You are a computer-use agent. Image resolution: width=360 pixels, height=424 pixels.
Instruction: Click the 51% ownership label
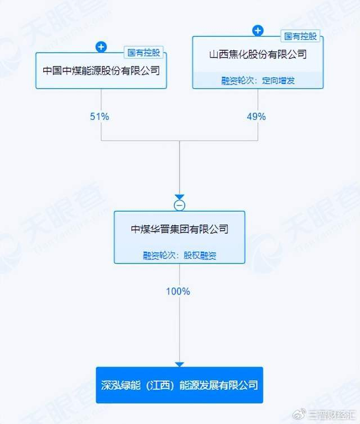[99, 117]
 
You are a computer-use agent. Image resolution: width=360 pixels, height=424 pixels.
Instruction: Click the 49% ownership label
[256, 117]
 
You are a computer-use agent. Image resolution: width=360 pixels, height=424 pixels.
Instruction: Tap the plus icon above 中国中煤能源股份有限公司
[101, 47]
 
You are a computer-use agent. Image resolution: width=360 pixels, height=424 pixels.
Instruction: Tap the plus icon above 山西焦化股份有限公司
[258, 30]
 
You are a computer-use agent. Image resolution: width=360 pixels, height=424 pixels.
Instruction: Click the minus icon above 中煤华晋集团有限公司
[179, 205]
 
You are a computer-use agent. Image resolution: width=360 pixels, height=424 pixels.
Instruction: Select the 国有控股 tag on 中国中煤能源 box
[145, 53]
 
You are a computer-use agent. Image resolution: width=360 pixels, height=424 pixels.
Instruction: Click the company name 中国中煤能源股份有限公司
[101, 71]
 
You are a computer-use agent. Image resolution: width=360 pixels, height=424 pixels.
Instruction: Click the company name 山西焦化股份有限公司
[258, 55]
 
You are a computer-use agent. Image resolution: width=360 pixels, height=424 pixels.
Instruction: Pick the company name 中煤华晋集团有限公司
[179, 229]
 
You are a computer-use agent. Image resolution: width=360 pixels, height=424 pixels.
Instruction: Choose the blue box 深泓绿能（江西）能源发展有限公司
[179, 385]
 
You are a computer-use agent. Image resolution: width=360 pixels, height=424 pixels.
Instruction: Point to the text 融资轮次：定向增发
[258, 81]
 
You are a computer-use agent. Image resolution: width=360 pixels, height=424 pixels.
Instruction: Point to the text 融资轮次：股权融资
[179, 255]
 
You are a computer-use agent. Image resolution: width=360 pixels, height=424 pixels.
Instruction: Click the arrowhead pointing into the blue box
[179, 364]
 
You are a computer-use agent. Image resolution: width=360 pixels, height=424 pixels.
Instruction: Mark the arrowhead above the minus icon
[179, 197]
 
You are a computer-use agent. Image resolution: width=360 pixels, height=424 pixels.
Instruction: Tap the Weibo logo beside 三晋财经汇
[304, 414]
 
